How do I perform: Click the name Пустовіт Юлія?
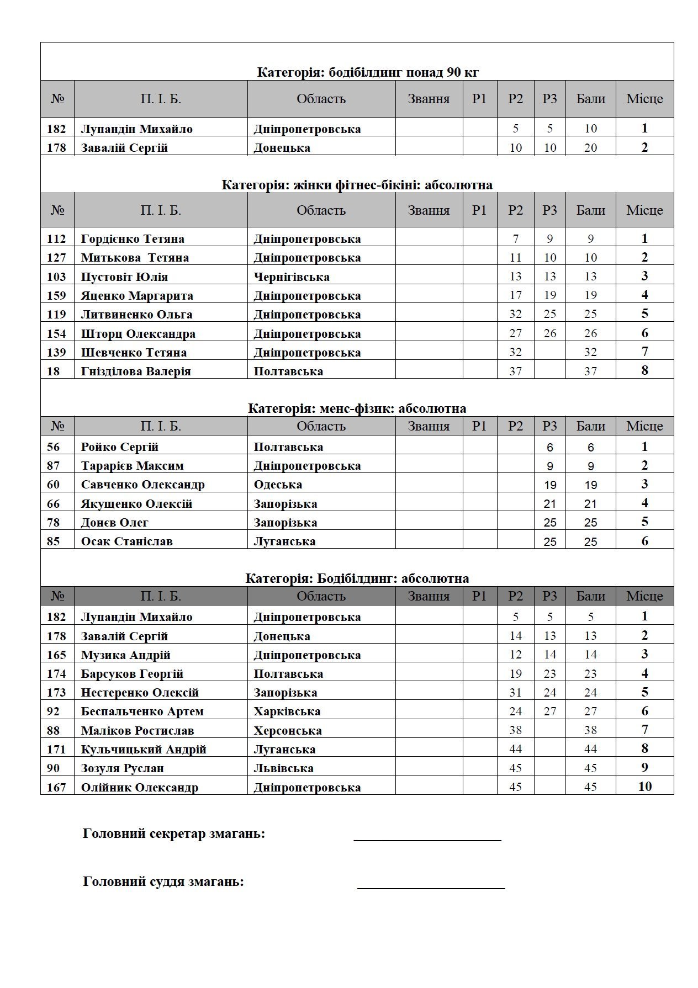pyautogui.click(x=124, y=277)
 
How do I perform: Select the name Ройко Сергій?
pyautogui.click(x=119, y=447)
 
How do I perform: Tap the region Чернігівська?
pyautogui.click(x=291, y=277)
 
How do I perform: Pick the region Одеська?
pyautogui.click(x=278, y=485)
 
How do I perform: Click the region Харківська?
pyautogui.click(x=287, y=711)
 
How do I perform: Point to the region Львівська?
pyautogui.click(x=283, y=768)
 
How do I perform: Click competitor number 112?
pyautogui.click(x=56, y=239)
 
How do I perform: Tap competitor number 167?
pyautogui.click(x=56, y=787)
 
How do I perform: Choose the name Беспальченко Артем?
pyautogui.click(x=142, y=711)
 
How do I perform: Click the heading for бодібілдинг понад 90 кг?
pyautogui.click(x=368, y=72)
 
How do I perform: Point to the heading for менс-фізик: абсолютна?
pyautogui.click(x=357, y=408)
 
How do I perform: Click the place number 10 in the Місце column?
pyautogui.click(x=644, y=787)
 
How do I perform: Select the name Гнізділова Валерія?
pyautogui.click(x=136, y=371)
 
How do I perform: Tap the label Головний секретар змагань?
pyautogui.click(x=173, y=833)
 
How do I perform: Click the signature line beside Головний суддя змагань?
pyautogui.click(x=431, y=888)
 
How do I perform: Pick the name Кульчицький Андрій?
pyautogui.click(x=144, y=750)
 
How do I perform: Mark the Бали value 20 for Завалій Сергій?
pyautogui.click(x=590, y=147)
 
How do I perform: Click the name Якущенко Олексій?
pyautogui.click(x=136, y=503)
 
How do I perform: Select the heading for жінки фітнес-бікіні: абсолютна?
pyautogui.click(x=357, y=185)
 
